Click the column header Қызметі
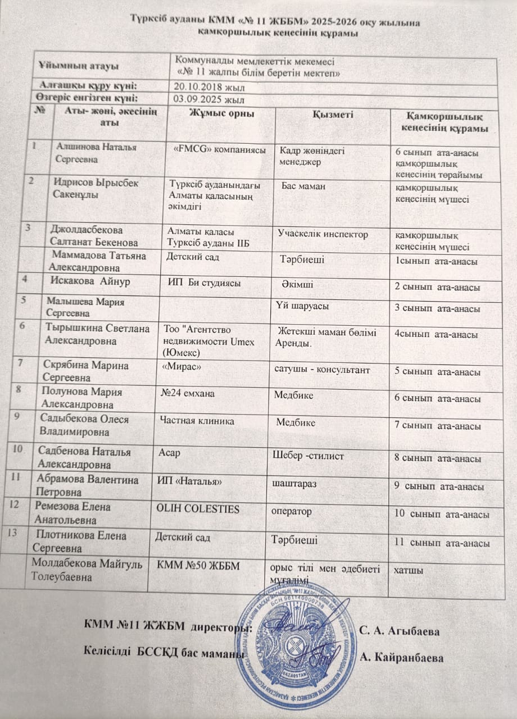click(333, 115)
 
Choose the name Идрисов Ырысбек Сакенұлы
click(96, 189)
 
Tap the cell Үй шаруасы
click(302, 306)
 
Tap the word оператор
click(292, 512)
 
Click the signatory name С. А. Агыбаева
click(400, 631)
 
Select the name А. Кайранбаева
click(401, 658)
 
